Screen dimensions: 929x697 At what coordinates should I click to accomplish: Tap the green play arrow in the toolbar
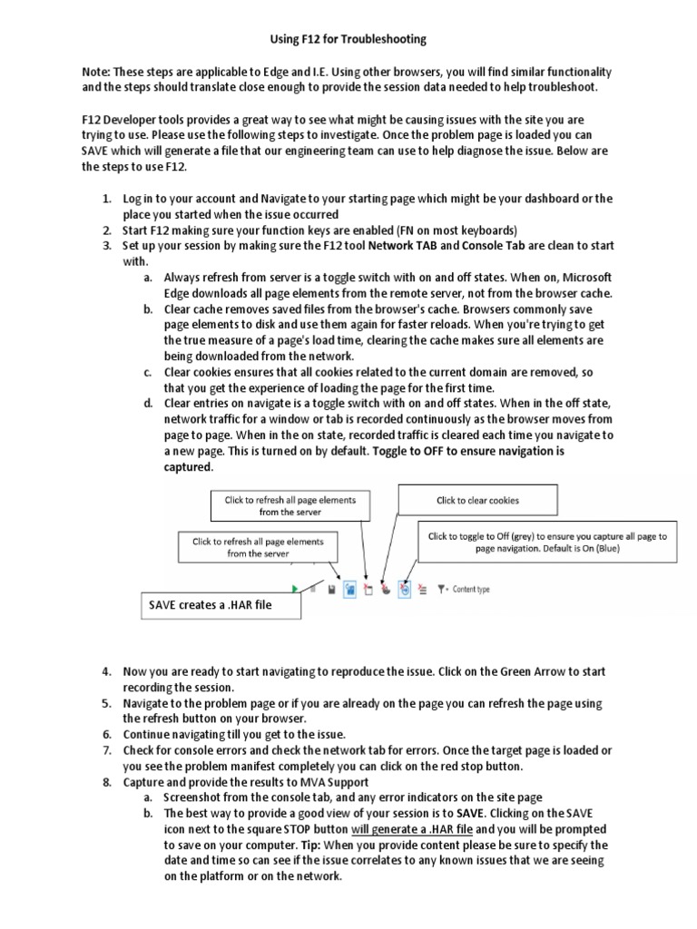click(296, 589)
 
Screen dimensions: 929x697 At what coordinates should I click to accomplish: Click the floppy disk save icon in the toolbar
click(332, 589)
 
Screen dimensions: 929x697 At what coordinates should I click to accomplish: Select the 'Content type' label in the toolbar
click(471, 589)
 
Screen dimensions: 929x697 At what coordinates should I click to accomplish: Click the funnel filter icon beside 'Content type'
click(441, 589)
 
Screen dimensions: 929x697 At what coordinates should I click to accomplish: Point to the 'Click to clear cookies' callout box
click(477, 500)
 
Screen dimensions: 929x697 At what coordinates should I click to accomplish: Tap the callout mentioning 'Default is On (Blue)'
click(547, 543)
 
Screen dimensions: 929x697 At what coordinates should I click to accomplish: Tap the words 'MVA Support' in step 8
click(333, 782)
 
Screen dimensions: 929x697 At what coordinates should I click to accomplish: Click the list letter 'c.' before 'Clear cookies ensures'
click(147, 373)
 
